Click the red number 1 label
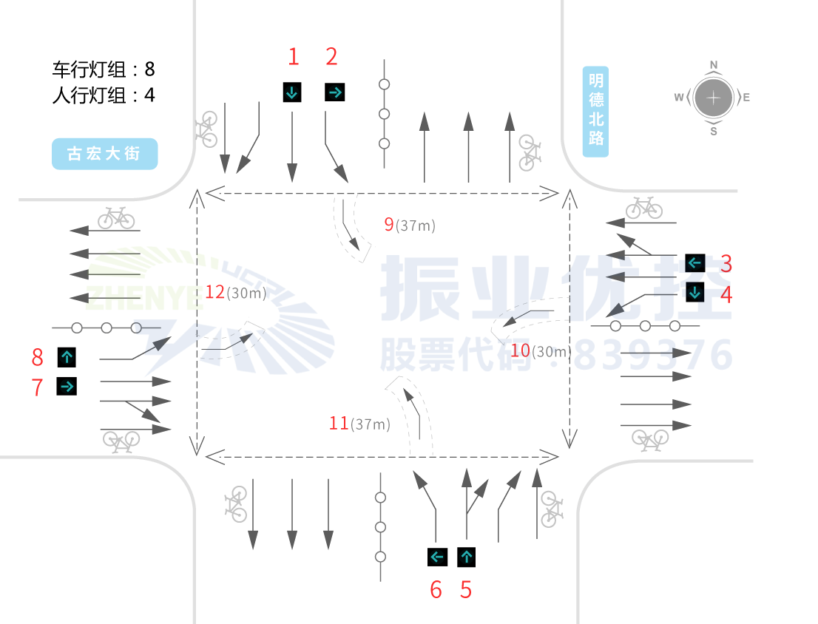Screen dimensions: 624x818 (x=294, y=56)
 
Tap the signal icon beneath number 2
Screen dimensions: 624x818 (x=334, y=92)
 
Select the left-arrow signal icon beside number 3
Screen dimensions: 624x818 (x=694, y=262)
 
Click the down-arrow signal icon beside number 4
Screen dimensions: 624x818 (x=694, y=292)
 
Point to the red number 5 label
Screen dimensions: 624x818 (x=465, y=590)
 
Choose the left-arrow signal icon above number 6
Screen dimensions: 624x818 (x=437, y=557)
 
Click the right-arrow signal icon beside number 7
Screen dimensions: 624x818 (x=67, y=386)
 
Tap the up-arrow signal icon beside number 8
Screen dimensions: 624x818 (x=67, y=358)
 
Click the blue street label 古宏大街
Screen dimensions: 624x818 (x=104, y=154)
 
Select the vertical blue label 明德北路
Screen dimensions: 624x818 (x=595, y=112)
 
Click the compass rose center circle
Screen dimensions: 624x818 (x=713, y=98)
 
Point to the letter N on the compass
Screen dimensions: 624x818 (x=714, y=65)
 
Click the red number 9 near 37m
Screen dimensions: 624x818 (x=388, y=225)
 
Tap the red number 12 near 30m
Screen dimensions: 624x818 (x=214, y=292)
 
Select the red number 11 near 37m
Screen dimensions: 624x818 (x=339, y=424)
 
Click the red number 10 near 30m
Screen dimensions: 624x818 (x=520, y=350)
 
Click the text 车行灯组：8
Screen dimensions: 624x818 (x=104, y=70)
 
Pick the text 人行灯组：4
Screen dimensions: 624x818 (x=104, y=95)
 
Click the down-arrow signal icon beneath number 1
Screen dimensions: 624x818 (x=292, y=92)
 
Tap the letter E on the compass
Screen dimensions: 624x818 (x=746, y=98)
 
